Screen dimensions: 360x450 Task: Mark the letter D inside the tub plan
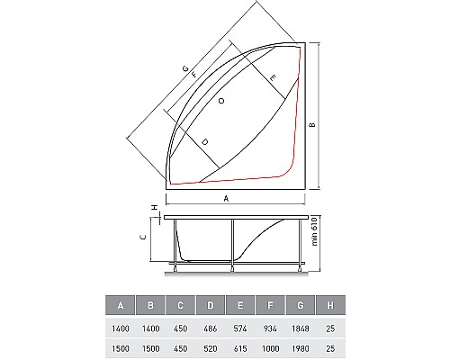point(205,142)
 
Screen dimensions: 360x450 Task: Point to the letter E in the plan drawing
point(272,79)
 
